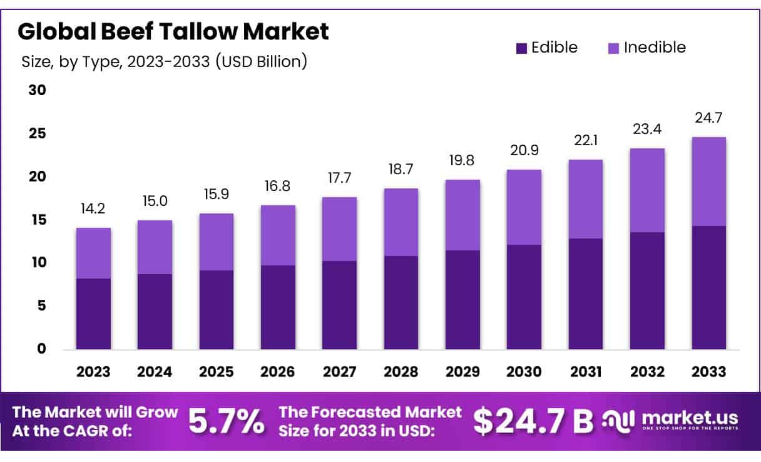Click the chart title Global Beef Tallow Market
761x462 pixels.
pyautogui.click(x=173, y=32)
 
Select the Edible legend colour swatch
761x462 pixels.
pyautogui.click(x=521, y=48)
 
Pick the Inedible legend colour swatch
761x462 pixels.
pyautogui.click(x=613, y=48)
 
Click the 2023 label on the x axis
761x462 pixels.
pyautogui.click(x=93, y=372)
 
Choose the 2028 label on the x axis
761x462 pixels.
pyautogui.click(x=401, y=372)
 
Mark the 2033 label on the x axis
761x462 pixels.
pyautogui.click(x=709, y=372)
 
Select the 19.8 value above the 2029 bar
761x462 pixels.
pyautogui.click(x=462, y=161)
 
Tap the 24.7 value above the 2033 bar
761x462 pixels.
pyautogui.click(x=709, y=118)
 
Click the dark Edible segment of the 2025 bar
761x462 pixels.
pyautogui.click(x=217, y=309)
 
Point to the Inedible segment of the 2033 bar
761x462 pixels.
pyautogui.click(x=709, y=182)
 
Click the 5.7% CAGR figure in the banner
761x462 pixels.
pyautogui.click(x=227, y=421)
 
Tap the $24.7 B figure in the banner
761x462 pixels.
pyautogui.click(x=533, y=421)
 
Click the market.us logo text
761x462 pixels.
pyautogui.click(x=690, y=418)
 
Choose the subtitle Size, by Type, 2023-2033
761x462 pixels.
pyautogui.click(x=164, y=63)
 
